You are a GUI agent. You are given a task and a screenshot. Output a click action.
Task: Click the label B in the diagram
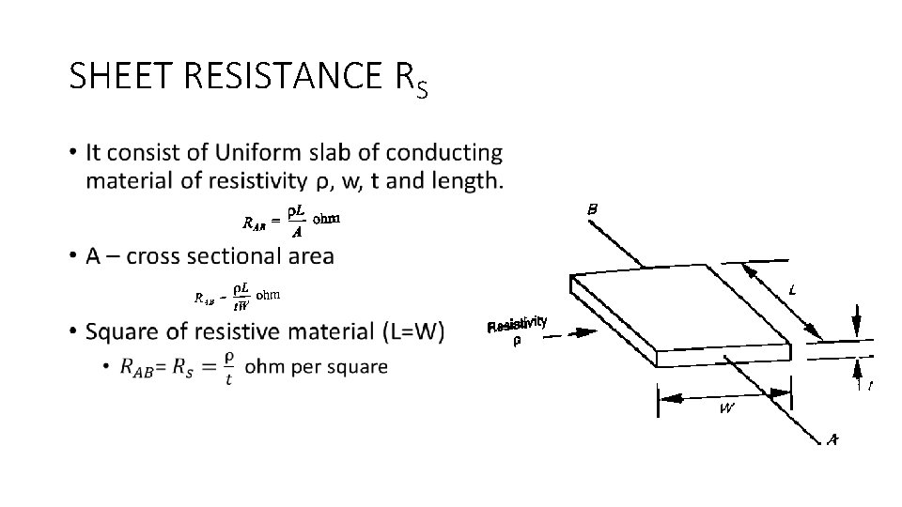pos(593,210)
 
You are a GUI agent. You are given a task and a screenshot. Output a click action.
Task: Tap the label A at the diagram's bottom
pos(832,438)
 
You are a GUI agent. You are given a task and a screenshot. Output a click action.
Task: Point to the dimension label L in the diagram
pos(793,291)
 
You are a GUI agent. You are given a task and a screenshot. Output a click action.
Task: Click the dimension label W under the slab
pos(727,409)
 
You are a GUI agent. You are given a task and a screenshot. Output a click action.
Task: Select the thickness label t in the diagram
pos(869,385)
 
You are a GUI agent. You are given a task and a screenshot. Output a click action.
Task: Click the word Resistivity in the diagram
pos(517,324)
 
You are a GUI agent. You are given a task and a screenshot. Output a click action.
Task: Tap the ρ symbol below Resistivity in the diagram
pos(516,342)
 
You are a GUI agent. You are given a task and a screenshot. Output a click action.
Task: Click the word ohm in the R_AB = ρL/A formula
pos(326,219)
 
